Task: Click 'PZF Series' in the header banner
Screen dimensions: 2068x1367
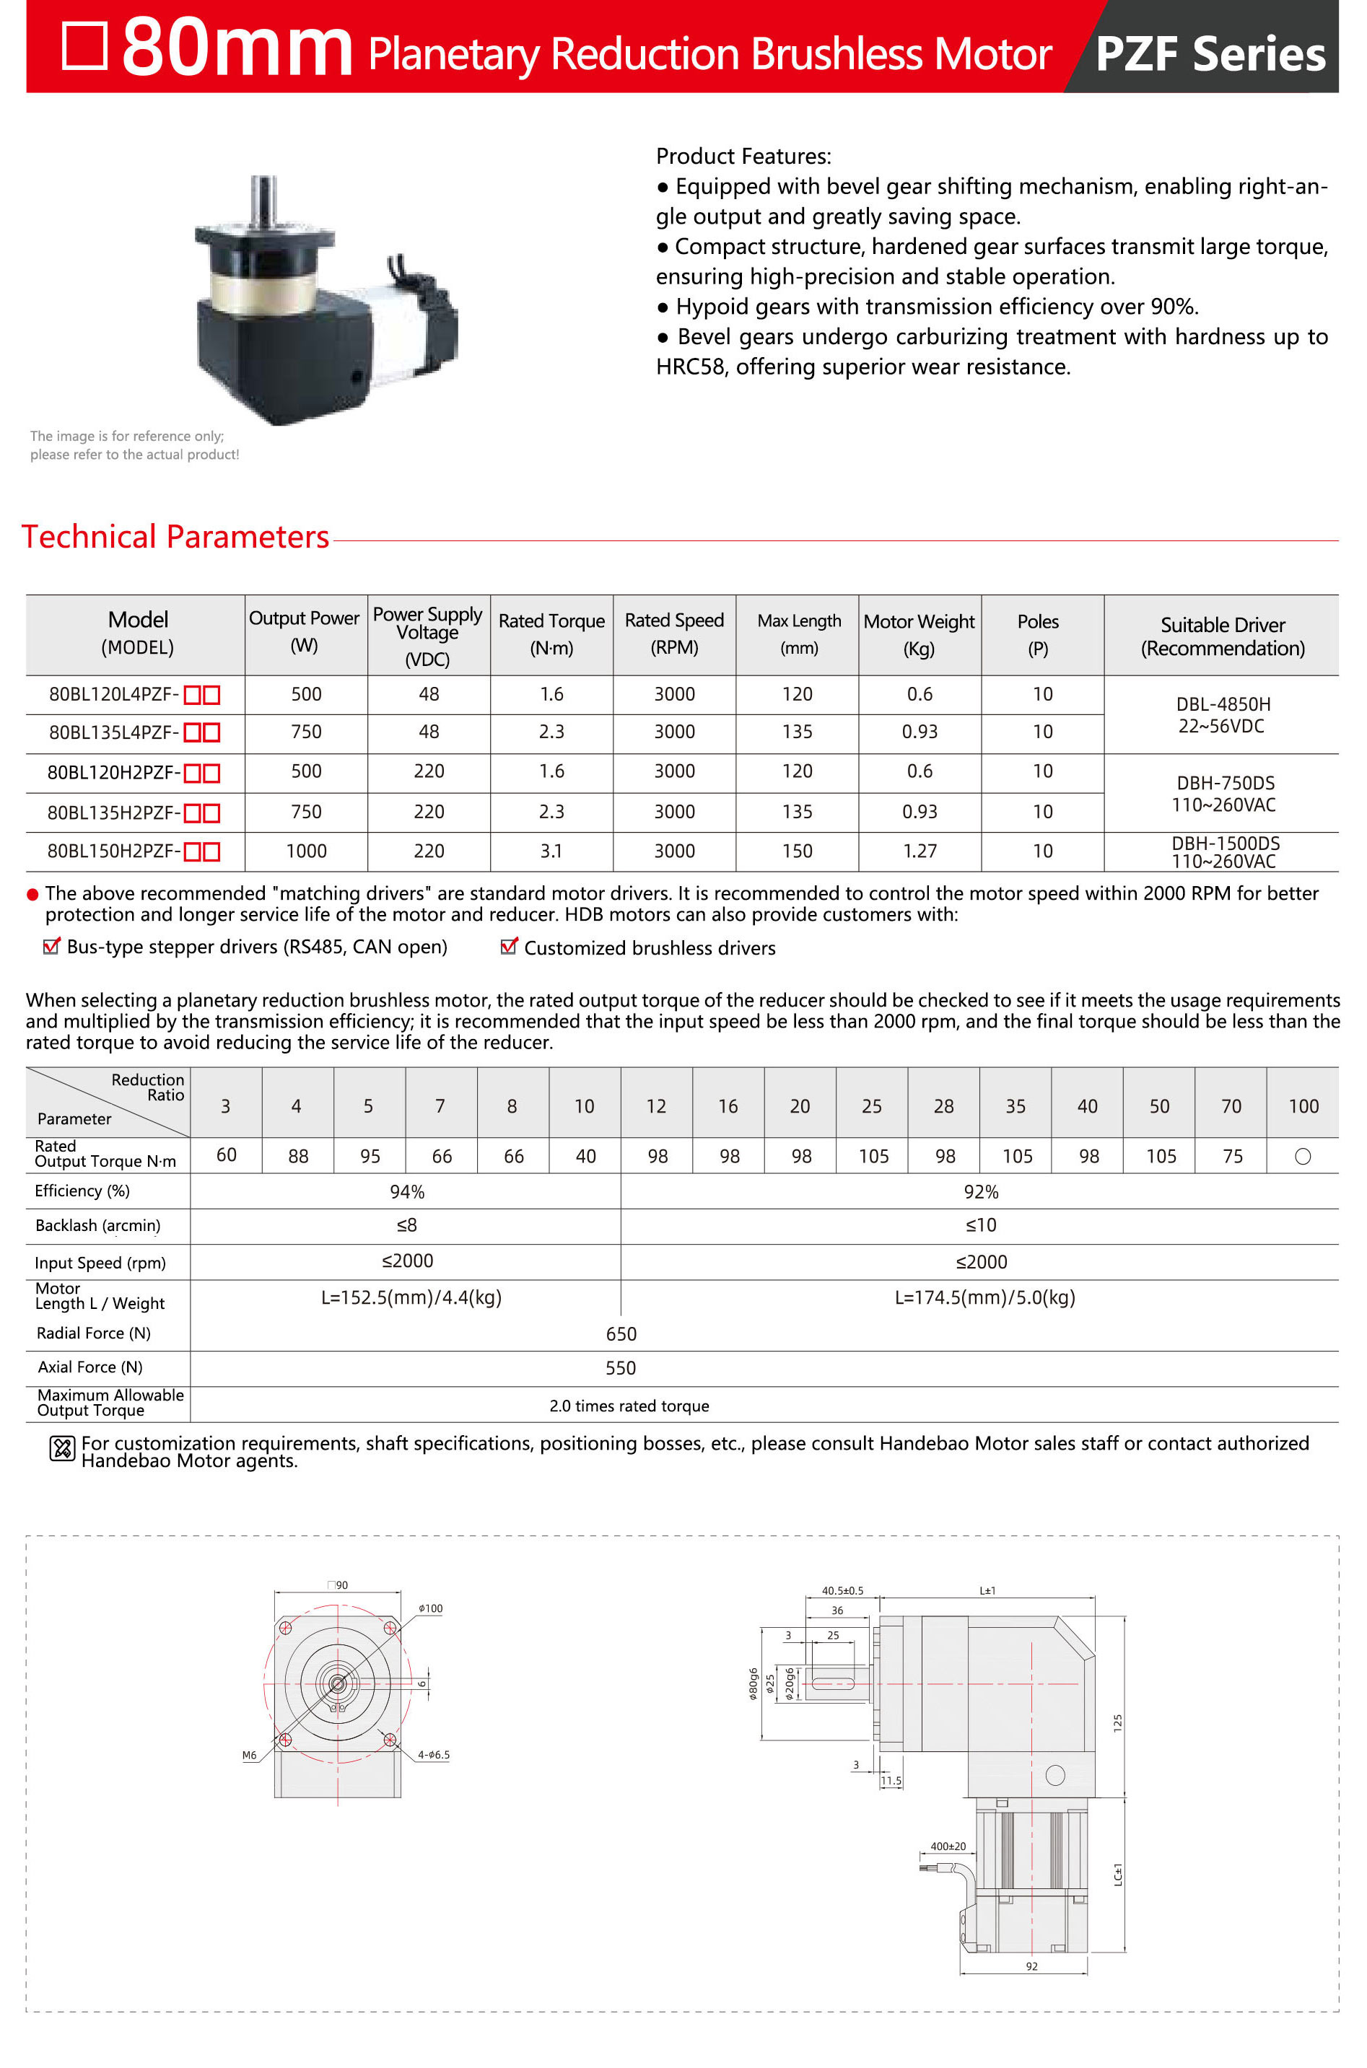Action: pos(1210,53)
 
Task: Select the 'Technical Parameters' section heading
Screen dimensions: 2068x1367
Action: pos(175,537)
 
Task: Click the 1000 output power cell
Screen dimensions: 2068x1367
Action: pos(306,851)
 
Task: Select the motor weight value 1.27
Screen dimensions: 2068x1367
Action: pos(919,851)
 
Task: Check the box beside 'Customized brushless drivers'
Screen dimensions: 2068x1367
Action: pos(509,947)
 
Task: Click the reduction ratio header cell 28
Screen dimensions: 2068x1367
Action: pos(943,1106)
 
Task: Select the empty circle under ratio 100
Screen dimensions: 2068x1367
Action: pos(1303,1157)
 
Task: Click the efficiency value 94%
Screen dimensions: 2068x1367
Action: pos(406,1191)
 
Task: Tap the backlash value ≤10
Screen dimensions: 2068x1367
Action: pos(981,1225)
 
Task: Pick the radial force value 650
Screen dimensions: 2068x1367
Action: pos(621,1334)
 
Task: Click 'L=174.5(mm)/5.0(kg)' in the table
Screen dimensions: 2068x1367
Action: pos(984,1297)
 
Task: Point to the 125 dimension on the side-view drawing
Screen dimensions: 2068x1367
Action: pos(1118,1722)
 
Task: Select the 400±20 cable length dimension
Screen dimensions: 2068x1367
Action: pos(948,1846)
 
